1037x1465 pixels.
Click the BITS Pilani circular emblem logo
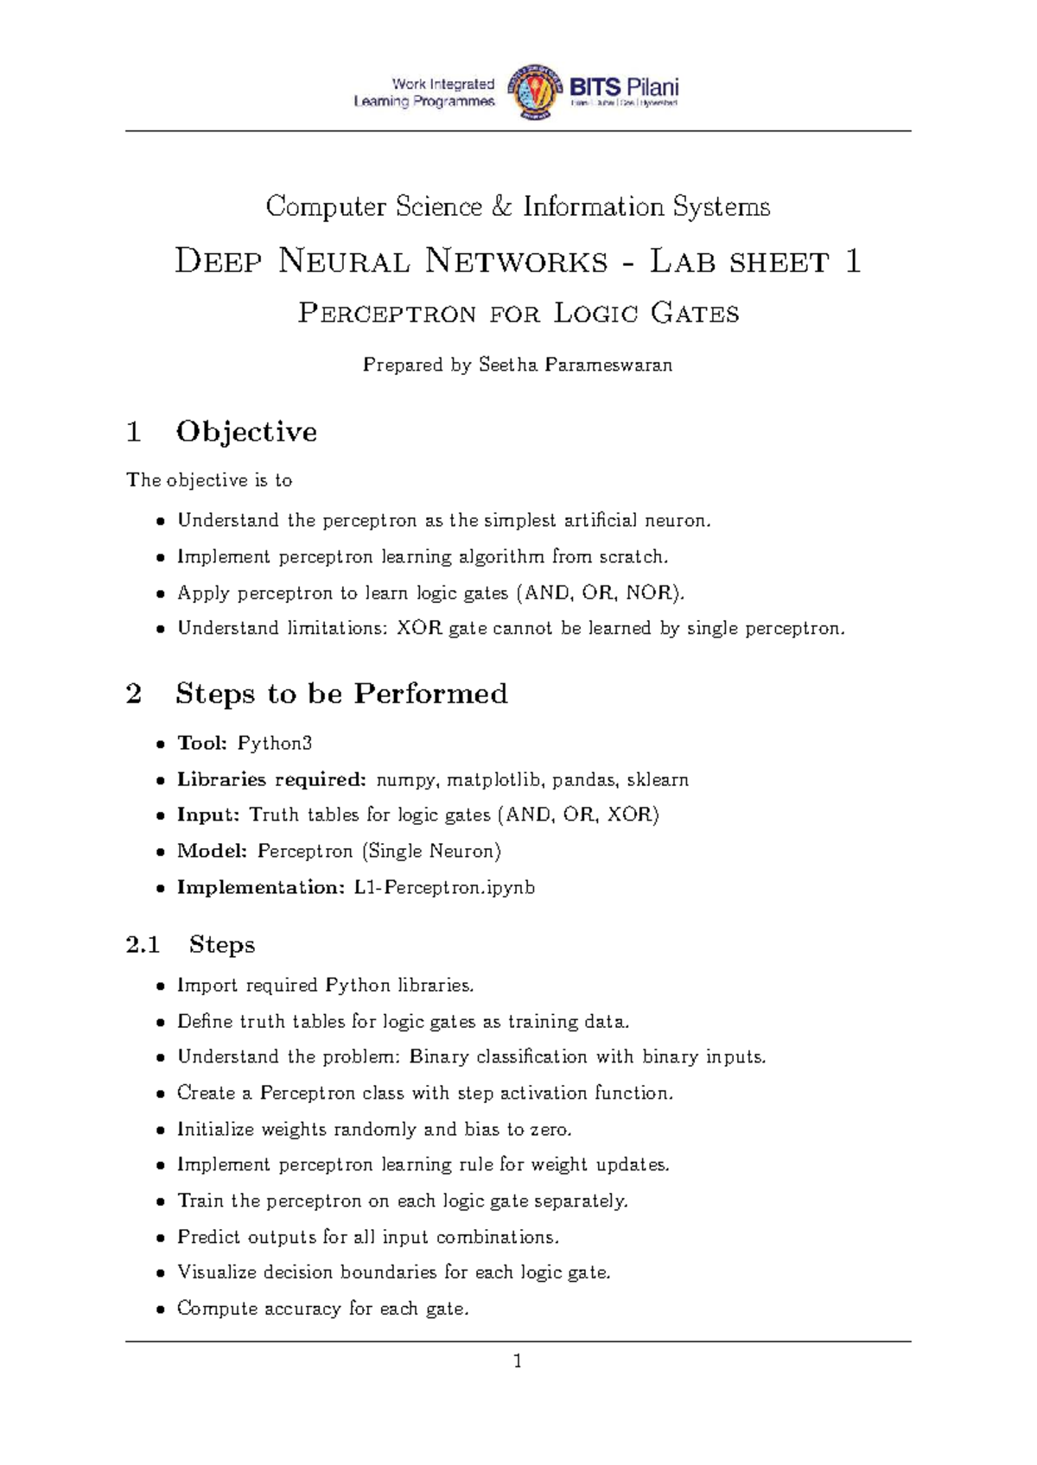point(532,92)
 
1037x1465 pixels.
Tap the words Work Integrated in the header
point(443,84)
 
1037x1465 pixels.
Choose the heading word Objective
point(246,431)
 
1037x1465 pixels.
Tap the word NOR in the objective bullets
point(650,593)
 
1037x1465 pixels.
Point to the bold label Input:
point(207,815)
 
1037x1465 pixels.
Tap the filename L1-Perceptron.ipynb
point(444,887)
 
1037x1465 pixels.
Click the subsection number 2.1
point(143,945)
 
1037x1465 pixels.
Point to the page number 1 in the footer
point(518,1362)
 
